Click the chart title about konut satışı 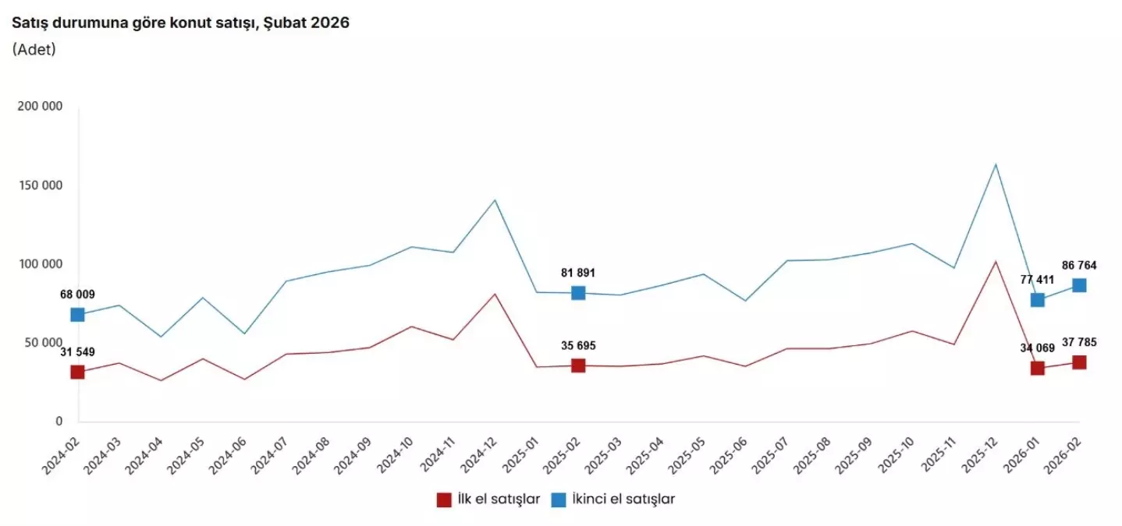tap(180, 23)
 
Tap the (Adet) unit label tap(34, 49)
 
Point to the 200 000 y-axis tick tap(39, 107)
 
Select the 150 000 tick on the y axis tap(39, 185)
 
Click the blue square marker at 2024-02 tap(77, 315)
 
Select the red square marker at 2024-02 tap(77, 372)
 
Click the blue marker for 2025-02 tap(578, 293)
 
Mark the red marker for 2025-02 tap(578, 365)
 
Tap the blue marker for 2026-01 tap(1037, 300)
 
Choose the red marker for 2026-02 tap(1079, 362)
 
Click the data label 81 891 tap(578, 273)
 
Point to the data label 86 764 tap(1079, 266)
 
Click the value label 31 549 tap(77, 352)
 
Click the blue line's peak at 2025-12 tap(996, 164)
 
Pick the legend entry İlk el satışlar tap(488, 500)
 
